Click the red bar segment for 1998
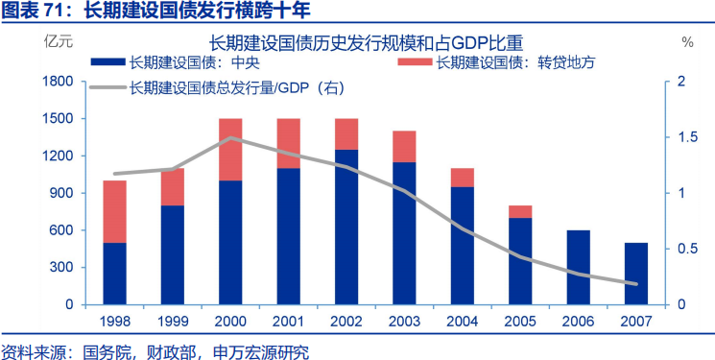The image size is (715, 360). coord(114,211)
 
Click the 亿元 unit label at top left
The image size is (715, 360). coord(57,42)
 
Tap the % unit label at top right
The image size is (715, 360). coord(687,42)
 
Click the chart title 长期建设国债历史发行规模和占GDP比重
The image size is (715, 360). coord(367,42)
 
